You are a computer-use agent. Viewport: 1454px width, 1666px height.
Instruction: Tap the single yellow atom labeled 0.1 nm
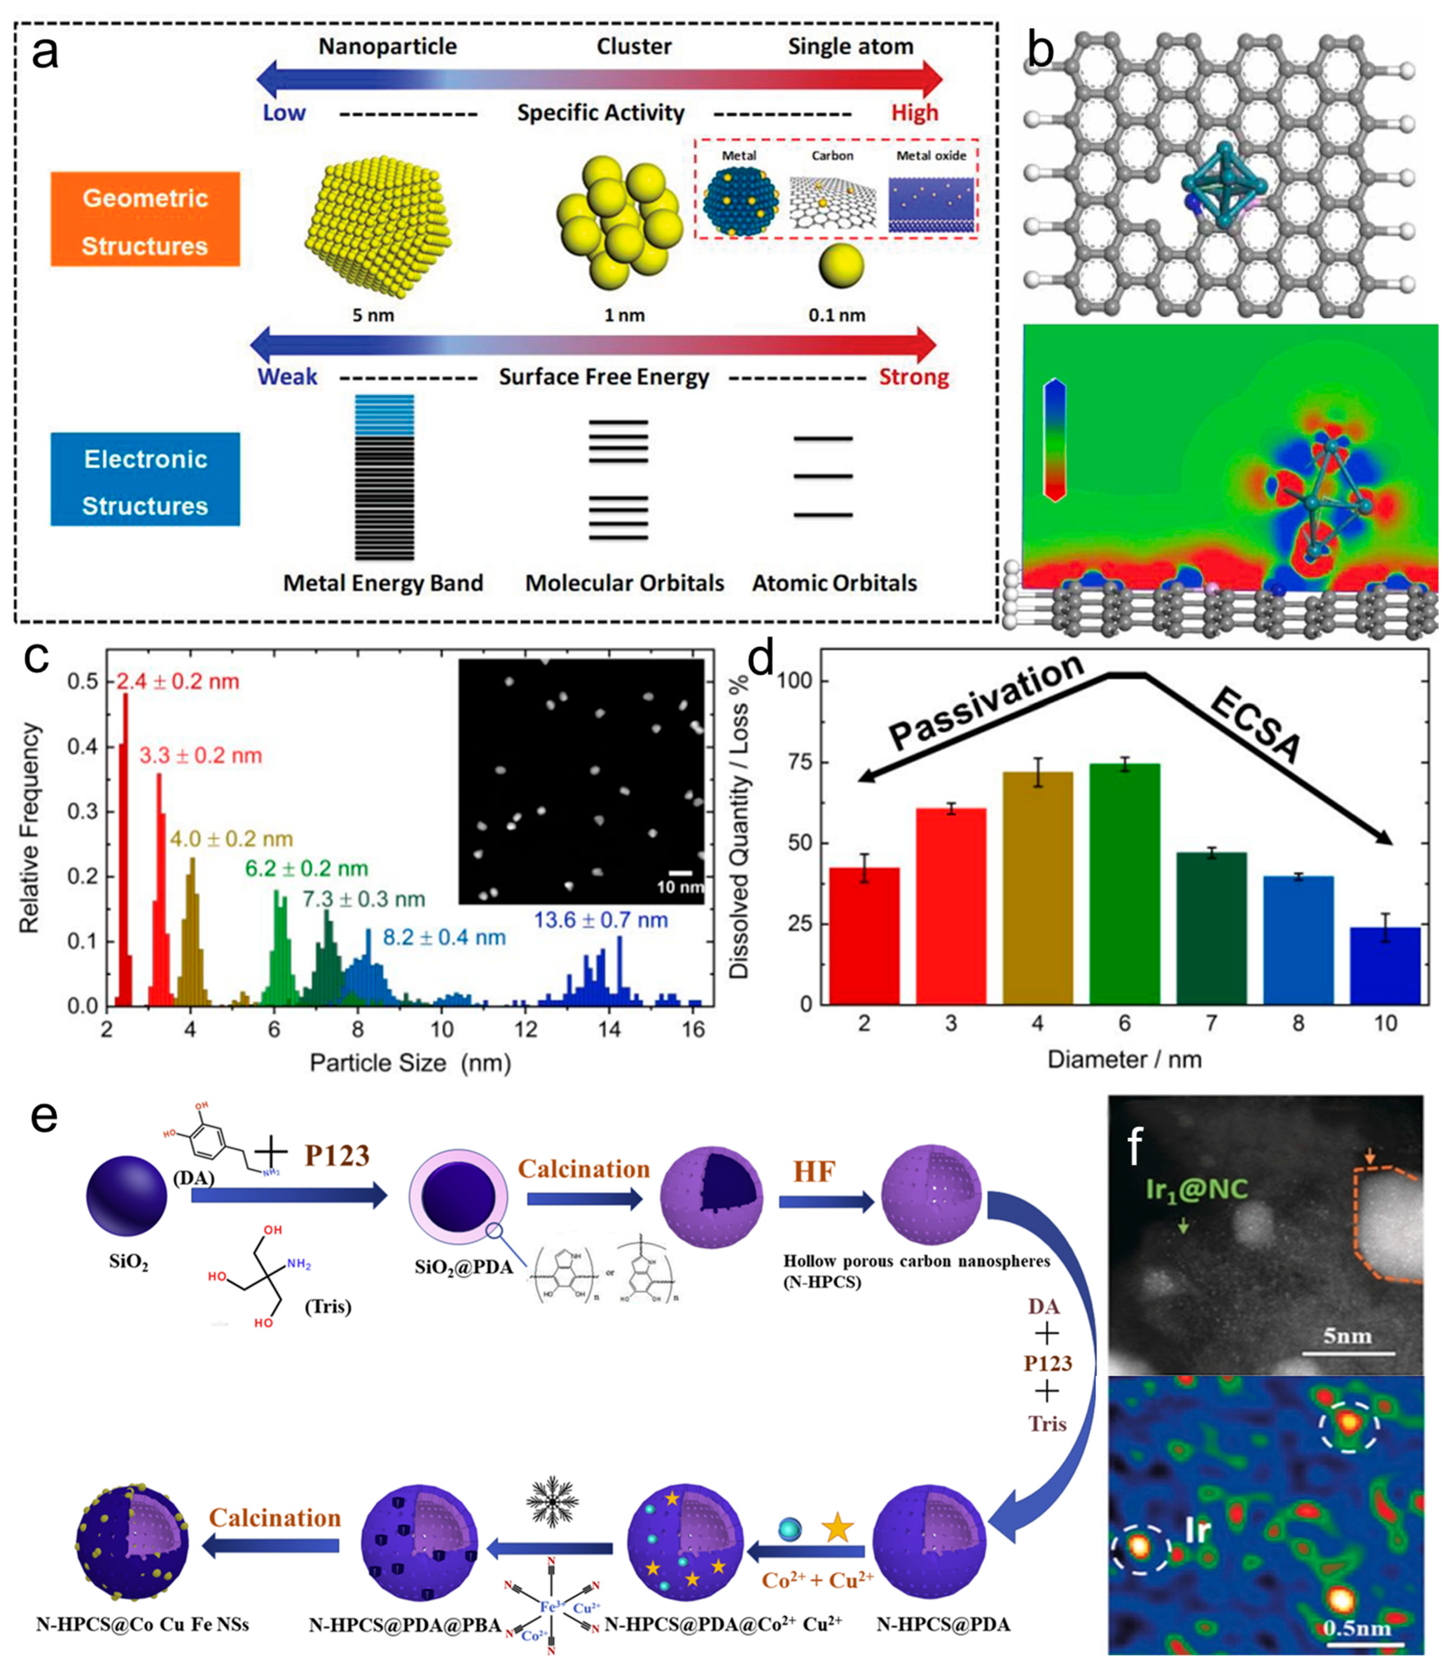pyautogui.click(x=841, y=265)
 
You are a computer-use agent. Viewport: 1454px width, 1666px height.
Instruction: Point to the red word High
pyautogui.click(x=915, y=113)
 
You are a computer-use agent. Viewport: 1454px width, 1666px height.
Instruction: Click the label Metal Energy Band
pyautogui.click(x=383, y=583)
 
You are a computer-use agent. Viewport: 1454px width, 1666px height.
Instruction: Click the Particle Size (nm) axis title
pyautogui.click(x=410, y=1062)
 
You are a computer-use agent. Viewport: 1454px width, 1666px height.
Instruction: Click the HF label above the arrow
pyautogui.click(x=814, y=1171)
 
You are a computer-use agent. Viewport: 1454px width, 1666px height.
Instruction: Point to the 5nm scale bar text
pyautogui.click(x=1348, y=1335)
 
